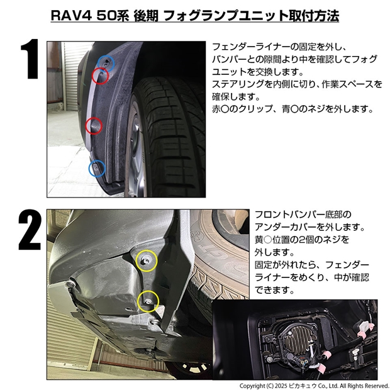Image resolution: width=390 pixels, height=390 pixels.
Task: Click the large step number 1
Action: tap(30, 59)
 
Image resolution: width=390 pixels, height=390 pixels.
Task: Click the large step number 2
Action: tap(30, 230)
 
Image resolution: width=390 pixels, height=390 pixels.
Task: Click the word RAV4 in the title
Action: tap(71, 16)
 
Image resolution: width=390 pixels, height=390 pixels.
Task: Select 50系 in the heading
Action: tap(113, 16)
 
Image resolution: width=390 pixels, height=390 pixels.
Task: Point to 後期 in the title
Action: tap(146, 16)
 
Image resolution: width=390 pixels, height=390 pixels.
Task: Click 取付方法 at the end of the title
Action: tap(314, 16)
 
